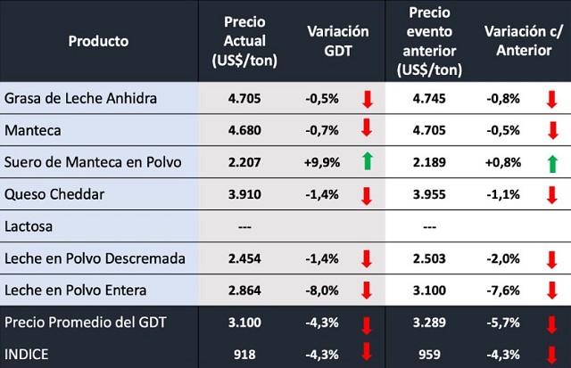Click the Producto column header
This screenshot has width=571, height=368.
[98, 41]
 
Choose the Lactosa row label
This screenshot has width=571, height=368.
[29, 226]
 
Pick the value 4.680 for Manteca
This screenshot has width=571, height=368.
[244, 130]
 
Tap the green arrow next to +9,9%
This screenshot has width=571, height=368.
[366, 161]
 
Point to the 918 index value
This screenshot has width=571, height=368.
[244, 354]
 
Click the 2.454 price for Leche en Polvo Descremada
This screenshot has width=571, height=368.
[244, 258]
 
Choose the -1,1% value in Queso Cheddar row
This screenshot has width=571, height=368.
[503, 194]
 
